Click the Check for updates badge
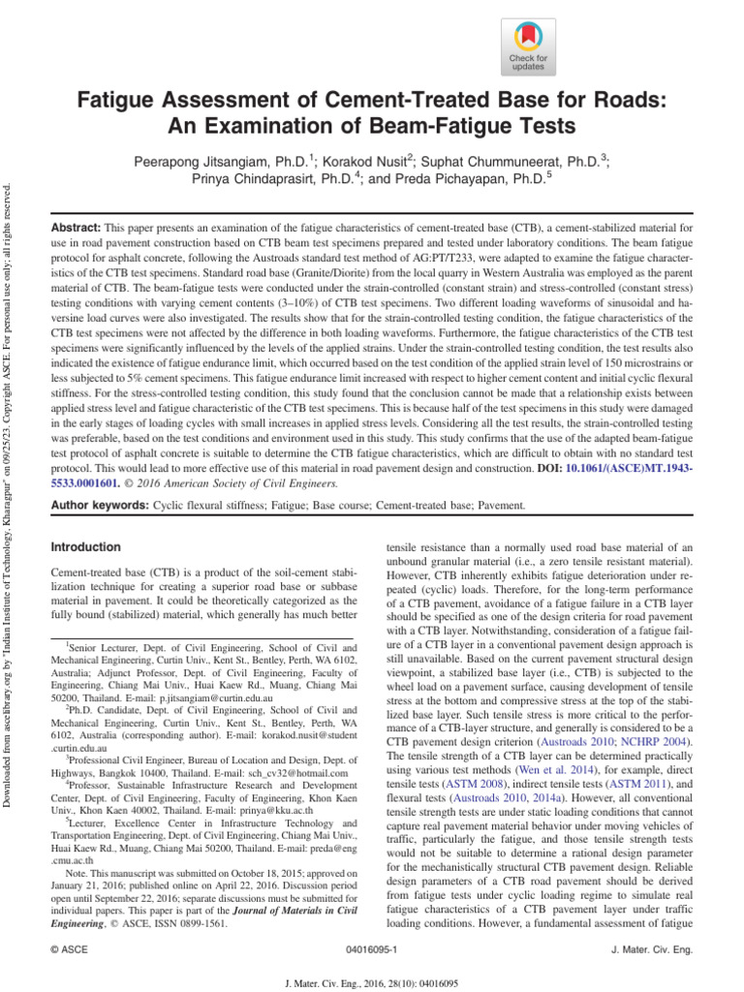coord(528,46)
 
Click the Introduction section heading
coord(85,547)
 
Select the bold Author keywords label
coord(97,506)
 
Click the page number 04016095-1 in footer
coord(372,950)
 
